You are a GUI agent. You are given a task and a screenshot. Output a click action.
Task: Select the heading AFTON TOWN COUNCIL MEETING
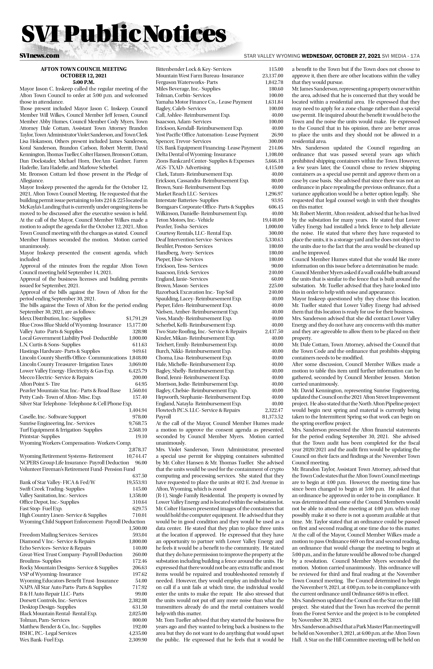[x=83, y=69]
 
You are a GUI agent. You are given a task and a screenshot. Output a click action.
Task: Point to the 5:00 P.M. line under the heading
[x=83, y=82]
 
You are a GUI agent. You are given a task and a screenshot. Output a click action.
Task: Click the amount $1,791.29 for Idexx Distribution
[x=137, y=318]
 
